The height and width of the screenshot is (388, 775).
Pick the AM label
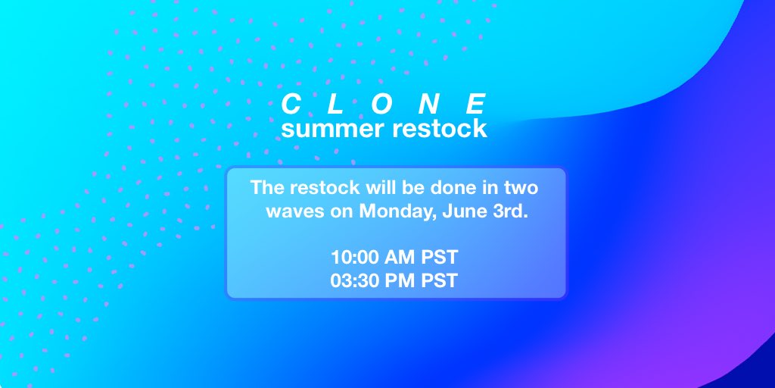(x=402, y=256)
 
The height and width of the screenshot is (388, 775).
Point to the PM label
(x=402, y=280)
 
